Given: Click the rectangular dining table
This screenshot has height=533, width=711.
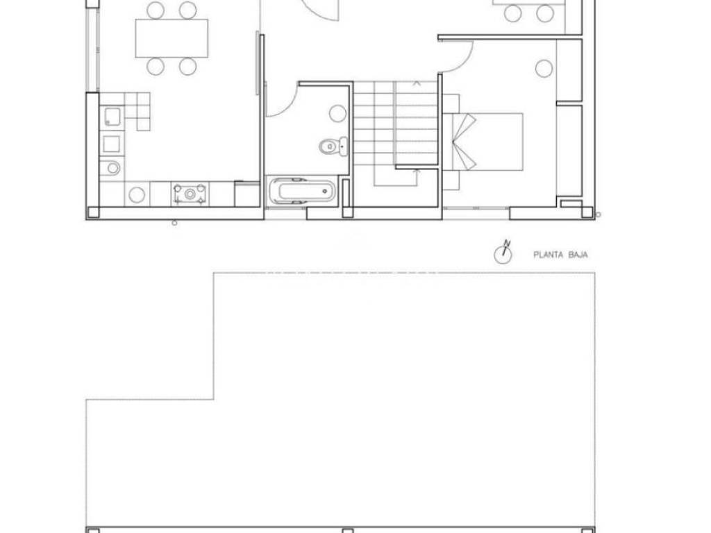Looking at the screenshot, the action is tap(172, 38).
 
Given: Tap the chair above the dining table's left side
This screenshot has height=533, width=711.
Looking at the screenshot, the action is tap(156, 10).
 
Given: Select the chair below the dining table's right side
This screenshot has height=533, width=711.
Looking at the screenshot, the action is tap(187, 66).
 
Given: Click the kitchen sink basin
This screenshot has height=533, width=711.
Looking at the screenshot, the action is tap(112, 117).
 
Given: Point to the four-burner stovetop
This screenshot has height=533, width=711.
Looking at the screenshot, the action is tap(190, 194).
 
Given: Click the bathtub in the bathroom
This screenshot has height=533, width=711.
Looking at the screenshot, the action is tap(303, 190).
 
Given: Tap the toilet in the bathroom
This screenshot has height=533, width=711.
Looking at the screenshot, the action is tap(333, 146).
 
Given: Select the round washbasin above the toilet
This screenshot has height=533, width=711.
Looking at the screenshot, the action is tap(337, 113).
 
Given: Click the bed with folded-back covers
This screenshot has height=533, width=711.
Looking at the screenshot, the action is tap(488, 142).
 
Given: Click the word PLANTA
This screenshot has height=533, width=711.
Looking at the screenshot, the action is tap(548, 255).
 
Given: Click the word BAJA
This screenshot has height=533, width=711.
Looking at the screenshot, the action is tap(578, 255).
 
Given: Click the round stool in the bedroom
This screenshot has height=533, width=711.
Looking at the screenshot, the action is tap(544, 69).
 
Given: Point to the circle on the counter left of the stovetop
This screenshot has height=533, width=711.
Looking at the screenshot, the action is tap(137, 194).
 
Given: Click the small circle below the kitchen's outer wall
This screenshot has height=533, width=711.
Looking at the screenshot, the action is tap(174, 223).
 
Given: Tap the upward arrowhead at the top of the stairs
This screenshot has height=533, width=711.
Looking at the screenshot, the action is tap(417, 83).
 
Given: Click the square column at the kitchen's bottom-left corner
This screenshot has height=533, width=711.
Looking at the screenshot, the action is tap(92, 212).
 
